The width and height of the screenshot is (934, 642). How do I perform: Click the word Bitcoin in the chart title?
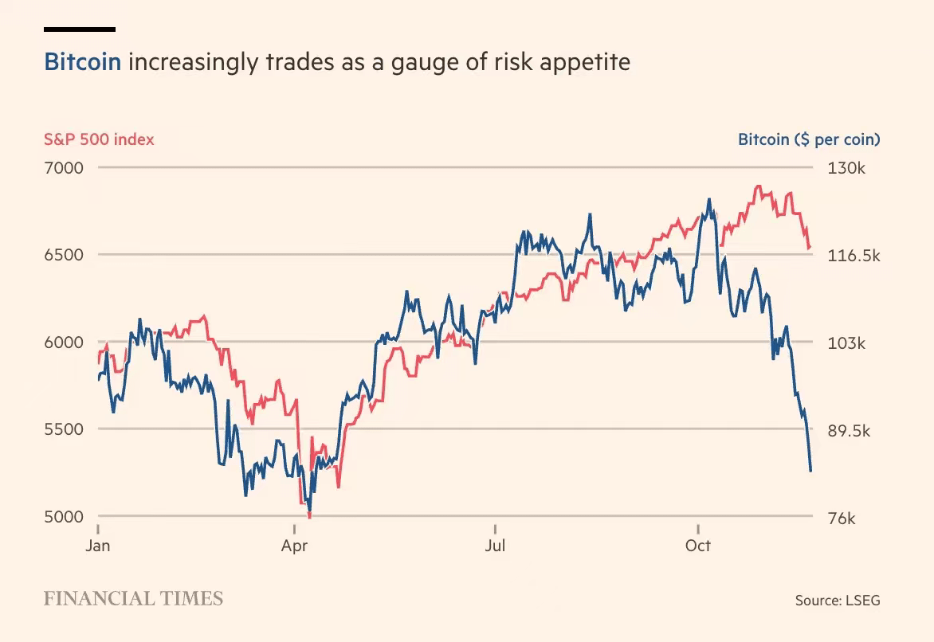(83, 62)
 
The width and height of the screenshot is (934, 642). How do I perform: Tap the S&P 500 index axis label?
(99, 139)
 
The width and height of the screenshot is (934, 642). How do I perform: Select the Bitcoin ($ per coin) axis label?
(809, 139)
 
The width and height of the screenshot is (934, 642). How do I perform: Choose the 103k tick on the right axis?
(847, 343)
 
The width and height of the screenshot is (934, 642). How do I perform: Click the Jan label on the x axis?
(97, 546)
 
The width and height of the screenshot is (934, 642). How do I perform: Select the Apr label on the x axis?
(295, 546)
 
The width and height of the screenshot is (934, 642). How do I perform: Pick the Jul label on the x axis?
(496, 546)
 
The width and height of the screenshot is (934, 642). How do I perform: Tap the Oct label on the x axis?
(698, 546)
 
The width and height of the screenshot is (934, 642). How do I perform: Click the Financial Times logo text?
(133, 599)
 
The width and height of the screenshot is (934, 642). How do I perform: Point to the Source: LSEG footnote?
(838, 601)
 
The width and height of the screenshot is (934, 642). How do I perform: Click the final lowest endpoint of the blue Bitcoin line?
(810, 471)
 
